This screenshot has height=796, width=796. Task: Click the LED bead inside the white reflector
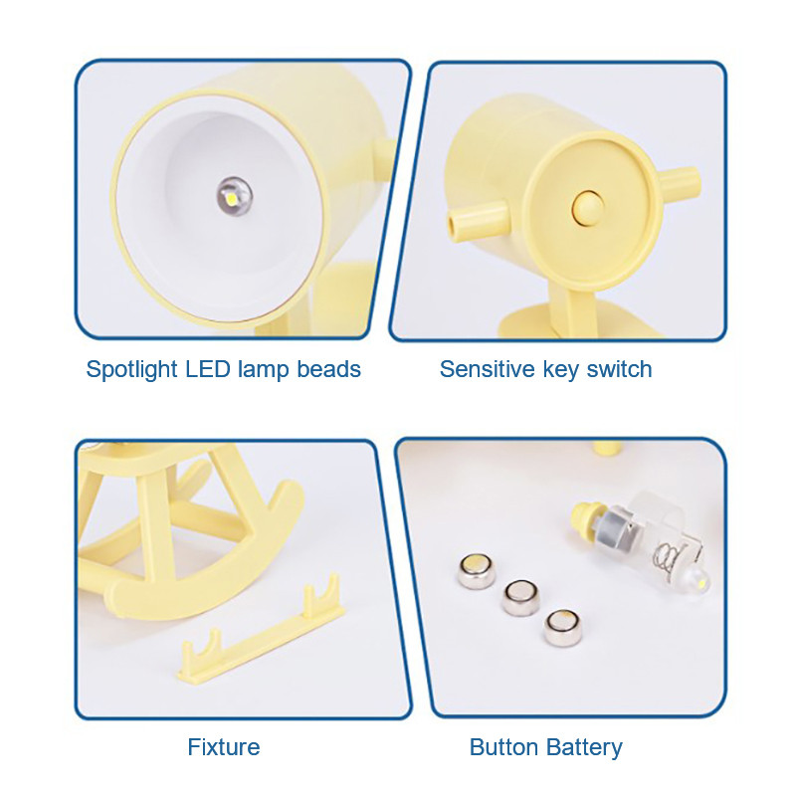[x=235, y=196]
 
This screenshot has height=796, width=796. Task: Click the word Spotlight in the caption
[x=132, y=369]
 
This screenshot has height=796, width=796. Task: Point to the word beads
[x=329, y=369]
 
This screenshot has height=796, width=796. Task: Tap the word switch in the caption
[x=619, y=369]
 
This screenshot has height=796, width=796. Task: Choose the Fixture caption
[x=224, y=747]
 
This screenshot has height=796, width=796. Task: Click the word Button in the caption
[x=504, y=747]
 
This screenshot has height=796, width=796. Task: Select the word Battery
[x=584, y=748]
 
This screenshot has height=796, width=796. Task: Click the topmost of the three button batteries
[x=479, y=570]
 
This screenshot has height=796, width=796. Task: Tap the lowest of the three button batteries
[x=563, y=628]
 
